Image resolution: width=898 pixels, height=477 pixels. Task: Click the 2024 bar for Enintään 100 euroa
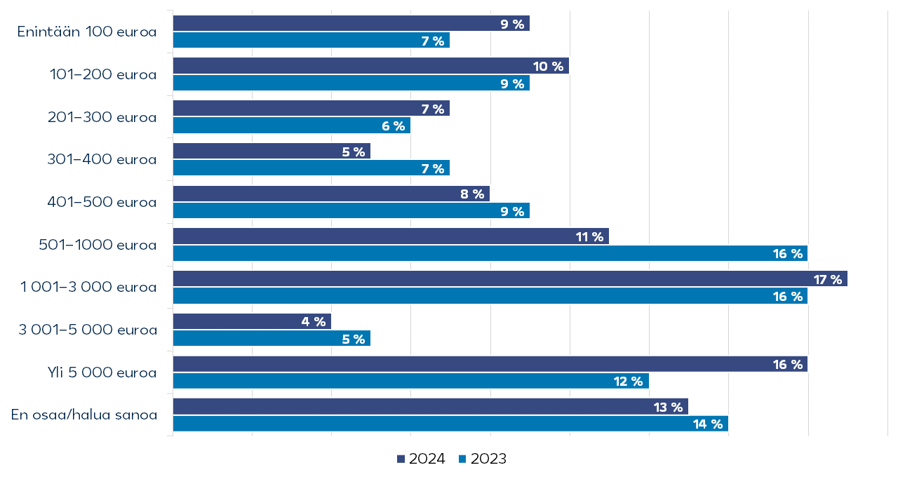(x=351, y=24)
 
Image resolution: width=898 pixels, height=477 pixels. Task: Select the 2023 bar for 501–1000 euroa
(x=490, y=253)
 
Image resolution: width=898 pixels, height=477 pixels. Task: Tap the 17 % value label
(x=828, y=280)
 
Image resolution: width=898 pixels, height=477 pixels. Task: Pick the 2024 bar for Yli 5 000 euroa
(x=490, y=364)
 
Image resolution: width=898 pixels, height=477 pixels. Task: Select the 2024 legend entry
(x=421, y=459)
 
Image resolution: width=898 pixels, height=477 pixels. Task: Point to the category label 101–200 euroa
(x=103, y=74)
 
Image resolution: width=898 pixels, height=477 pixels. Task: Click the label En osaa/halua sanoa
(x=84, y=415)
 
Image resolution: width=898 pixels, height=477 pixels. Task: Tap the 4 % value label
(x=314, y=322)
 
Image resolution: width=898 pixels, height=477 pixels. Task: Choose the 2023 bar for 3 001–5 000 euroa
(x=271, y=339)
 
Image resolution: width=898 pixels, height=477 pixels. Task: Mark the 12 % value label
(x=629, y=382)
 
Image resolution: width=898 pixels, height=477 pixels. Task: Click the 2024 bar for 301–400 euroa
(x=271, y=152)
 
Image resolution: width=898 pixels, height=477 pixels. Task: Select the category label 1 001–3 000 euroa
(x=88, y=287)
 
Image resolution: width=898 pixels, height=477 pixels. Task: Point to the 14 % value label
(x=708, y=424)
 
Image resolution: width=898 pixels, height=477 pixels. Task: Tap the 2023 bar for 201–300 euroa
(x=291, y=126)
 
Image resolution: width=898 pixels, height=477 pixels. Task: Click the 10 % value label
(x=549, y=67)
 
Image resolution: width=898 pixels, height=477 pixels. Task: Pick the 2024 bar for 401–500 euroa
(x=330, y=194)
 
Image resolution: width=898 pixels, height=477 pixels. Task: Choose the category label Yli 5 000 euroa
(x=98, y=372)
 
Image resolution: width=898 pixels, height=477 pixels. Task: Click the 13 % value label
(x=669, y=407)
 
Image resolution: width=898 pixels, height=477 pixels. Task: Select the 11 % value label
(x=589, y=236)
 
